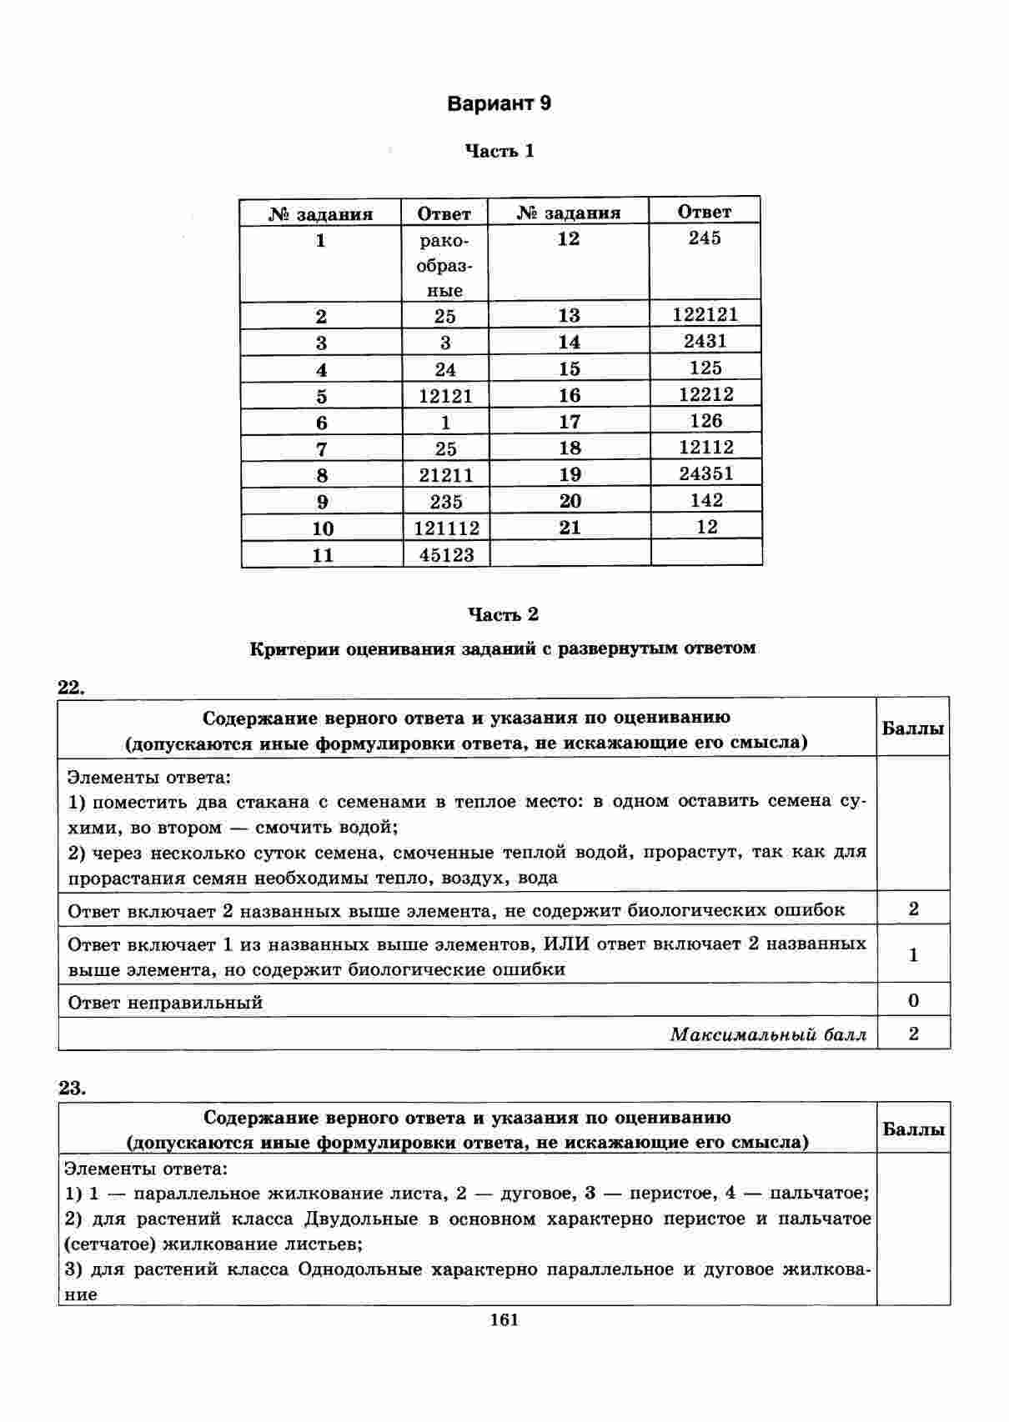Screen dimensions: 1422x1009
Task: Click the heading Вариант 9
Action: (499, 104)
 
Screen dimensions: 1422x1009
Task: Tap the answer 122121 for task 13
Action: (705, 314)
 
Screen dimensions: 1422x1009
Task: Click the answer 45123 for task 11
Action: (446, 555)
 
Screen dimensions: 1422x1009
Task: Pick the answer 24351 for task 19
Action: (705, 473)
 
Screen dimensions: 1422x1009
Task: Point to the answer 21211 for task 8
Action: (445, 475)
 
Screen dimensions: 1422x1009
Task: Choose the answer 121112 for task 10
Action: (446, 528)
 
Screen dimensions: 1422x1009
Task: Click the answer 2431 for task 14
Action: (705, 341)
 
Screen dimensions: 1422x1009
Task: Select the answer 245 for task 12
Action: (705, 238)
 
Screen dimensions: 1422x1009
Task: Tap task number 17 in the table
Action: (570, 421)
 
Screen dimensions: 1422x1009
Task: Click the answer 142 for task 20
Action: (706, 500)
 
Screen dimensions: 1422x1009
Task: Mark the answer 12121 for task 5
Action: (445, 396)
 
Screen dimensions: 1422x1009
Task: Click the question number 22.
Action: (72, 687)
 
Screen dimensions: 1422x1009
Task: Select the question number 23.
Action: (72, 1088)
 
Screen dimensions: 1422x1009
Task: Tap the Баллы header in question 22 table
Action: (913, 728)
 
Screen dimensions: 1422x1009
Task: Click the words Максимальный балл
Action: (768, 1034)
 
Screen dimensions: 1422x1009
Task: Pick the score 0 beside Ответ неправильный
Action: (913, 1000)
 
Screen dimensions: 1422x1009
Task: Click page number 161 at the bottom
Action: (504, 1319)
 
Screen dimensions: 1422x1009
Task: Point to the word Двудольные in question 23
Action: (361, 1219)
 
